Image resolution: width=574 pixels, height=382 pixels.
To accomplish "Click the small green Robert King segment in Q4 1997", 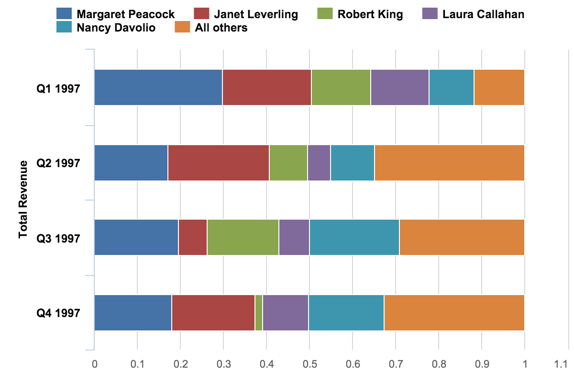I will pos(259,313).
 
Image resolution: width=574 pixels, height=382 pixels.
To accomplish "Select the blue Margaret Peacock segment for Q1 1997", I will pos(158,87).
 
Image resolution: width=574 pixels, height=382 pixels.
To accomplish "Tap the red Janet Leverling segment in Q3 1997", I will pos(193,237).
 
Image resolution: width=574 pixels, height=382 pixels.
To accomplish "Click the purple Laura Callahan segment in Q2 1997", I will pos(319,163).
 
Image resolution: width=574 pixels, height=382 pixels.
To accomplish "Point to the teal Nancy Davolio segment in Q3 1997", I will pos(354,237).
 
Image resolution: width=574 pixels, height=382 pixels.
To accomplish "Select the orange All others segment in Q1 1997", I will pos(499,87).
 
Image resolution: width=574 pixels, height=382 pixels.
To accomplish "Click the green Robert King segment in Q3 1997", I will pos(243,237).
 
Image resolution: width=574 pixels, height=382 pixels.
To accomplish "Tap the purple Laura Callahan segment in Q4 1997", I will pos(286,313).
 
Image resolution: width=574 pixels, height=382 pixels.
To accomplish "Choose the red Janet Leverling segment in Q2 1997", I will pos(219,163).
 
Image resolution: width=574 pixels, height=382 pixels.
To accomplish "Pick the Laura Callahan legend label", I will pos(483,14).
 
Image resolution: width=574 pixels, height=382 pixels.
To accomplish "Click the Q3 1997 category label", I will pos(58,238).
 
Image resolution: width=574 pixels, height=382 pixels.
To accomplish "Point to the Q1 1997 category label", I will pos(58,88).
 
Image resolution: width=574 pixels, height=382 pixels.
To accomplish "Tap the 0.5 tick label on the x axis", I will pos(309,364).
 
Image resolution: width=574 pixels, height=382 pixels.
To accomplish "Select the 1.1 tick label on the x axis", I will pos(567,364).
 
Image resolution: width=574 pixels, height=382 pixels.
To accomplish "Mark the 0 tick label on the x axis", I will pos(94,364).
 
